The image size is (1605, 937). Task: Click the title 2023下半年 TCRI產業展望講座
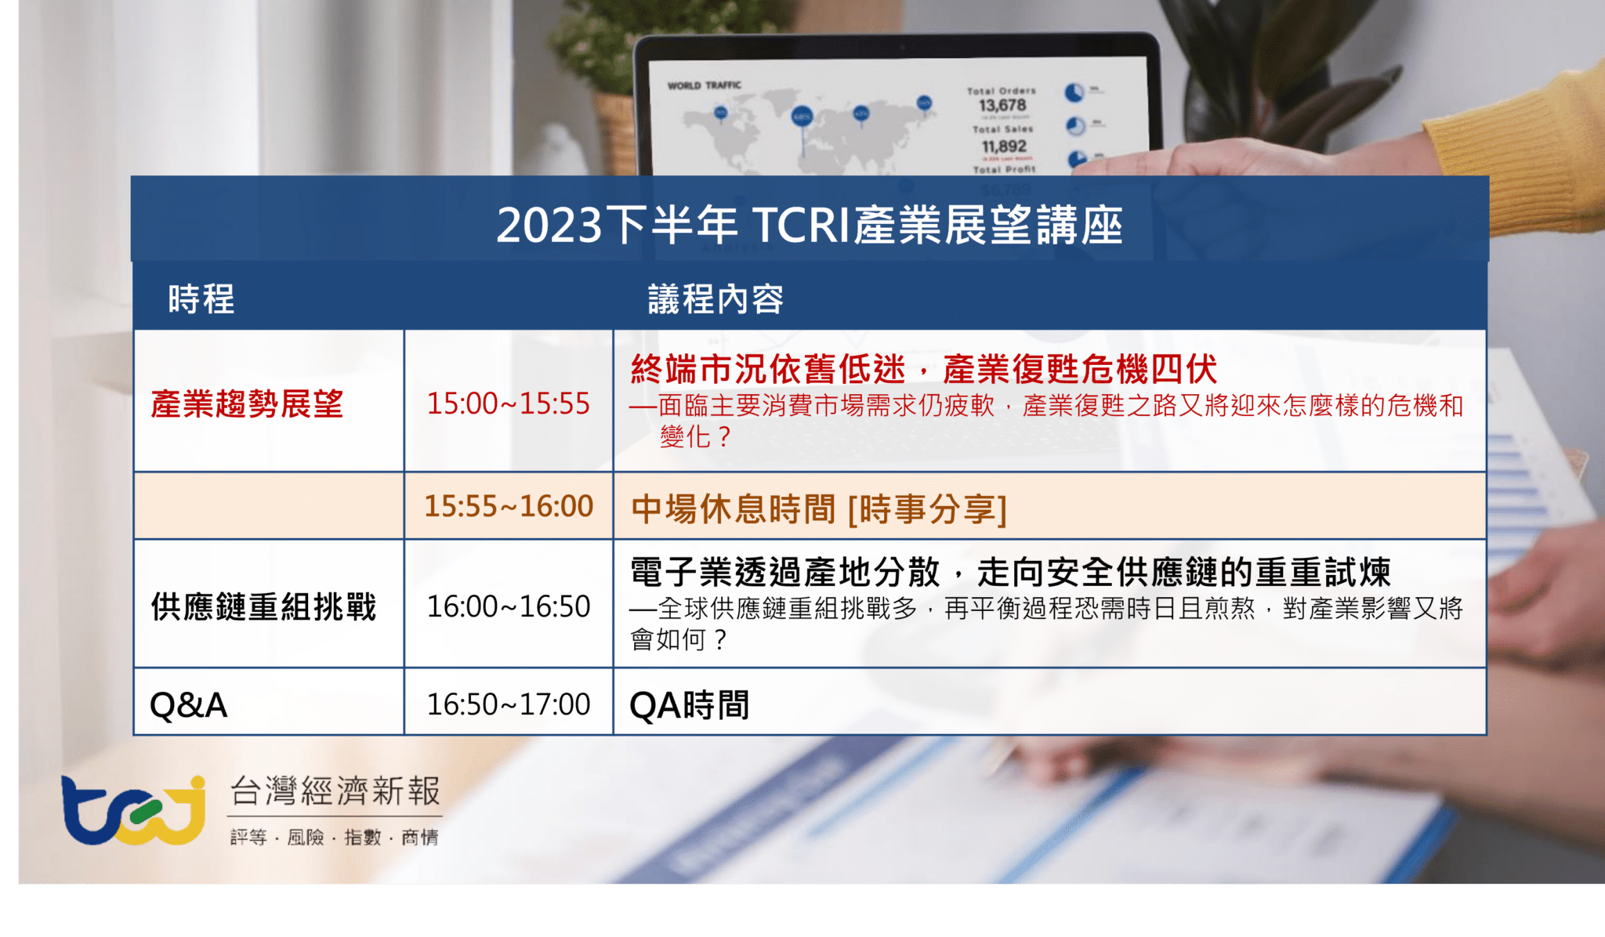(x=809, y=225)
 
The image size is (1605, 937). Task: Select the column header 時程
(x=201, y=299)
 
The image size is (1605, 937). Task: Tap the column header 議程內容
(x=715, y=299)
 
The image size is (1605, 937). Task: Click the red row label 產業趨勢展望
(x=247, y=404)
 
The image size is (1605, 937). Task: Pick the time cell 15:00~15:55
(x=508, y=404)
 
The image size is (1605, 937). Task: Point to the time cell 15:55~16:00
(x=508, y=507)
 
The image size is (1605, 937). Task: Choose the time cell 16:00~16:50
(x=508, y=606)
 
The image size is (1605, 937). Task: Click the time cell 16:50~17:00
(x=508, y=704)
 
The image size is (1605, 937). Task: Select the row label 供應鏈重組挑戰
(x=263, y=606)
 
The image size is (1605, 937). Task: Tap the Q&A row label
(x=188, y=705)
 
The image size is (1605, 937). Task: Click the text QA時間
(x=689, y=705)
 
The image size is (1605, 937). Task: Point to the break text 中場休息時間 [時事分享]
(x=818, y=509)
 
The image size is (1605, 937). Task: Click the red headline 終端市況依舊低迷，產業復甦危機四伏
(x=923, y=369)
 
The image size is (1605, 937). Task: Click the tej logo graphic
(x=133, y=810)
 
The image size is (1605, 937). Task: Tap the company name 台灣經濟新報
(x=335, y=791)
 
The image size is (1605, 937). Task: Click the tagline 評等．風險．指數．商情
(x=335, y=838)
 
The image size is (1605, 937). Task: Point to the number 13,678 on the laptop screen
(x=1002, y=105)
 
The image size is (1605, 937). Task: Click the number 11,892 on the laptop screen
(x=1003, y=147)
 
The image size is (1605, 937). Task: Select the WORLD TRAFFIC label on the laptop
(x=704, y=85)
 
